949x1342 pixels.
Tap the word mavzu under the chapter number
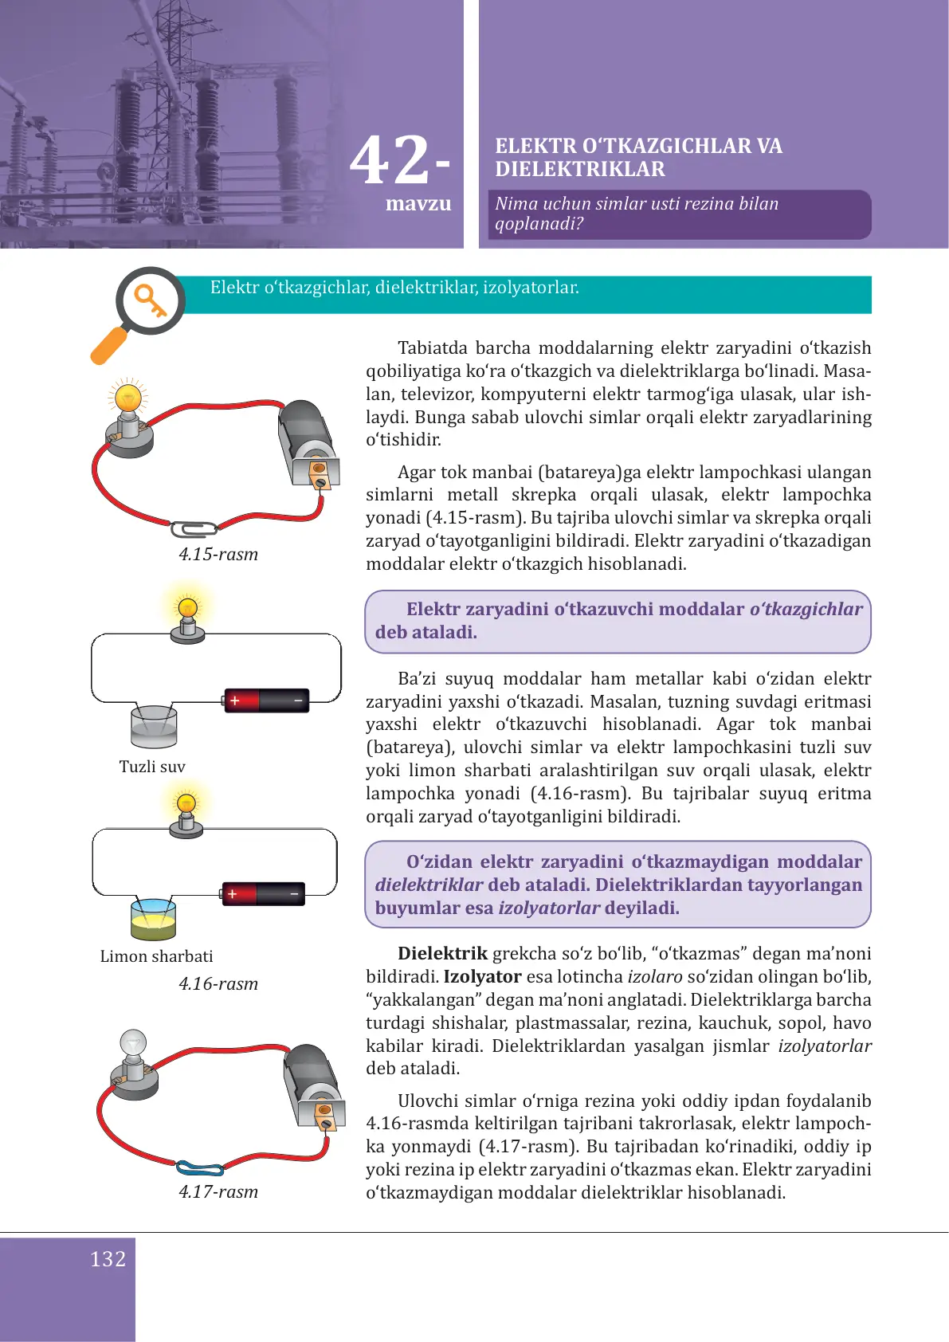coord(418,204)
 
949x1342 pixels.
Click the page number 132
coord(108,1259)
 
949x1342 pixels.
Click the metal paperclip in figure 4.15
coord(194,529)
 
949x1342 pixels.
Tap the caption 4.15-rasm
coord(218,555)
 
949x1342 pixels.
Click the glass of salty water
coord(154,727)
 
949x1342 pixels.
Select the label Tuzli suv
coord(152,767)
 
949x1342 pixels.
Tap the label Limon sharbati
coord(156,956)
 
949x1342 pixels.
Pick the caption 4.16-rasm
coord(218,984)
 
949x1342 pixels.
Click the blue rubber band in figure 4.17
coord(199,1169)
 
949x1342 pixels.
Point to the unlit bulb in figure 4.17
coord(133,1044)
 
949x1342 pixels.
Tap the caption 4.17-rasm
coord(218,1192)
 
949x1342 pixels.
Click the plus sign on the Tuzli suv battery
coord(235,700)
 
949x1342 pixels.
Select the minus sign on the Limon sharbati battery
coord(294,894)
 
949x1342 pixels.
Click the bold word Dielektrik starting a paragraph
coord(442,954)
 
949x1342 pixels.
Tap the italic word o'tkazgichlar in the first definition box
coord(806,610)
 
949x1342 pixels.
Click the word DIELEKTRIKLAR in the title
coord(579,170)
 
